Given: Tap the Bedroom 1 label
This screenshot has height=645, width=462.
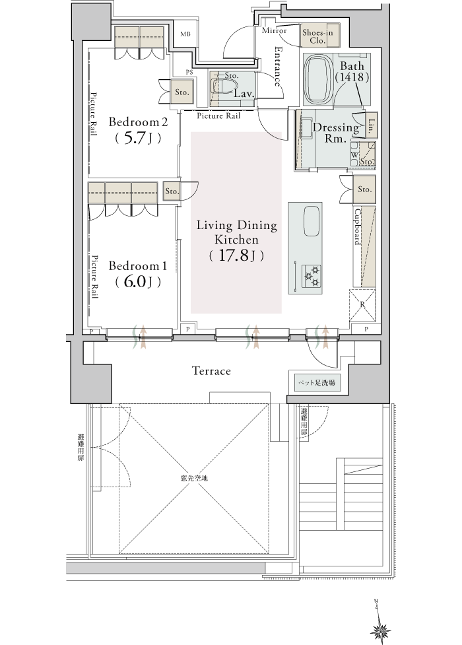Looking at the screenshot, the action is tap(137, 266).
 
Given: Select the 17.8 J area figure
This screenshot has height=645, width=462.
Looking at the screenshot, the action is tap(236, 255).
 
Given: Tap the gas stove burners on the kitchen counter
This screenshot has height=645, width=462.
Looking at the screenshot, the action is tap(311, 276).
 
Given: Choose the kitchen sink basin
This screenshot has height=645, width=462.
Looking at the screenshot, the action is tap(312, 221).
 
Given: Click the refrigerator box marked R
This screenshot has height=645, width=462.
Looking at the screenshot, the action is tap(362, 305).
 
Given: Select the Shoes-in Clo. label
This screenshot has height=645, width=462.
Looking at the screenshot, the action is tap(317, 36).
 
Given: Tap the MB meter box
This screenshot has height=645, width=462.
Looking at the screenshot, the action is tap(185, 34).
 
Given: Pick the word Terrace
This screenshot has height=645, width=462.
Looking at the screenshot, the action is tap(211, 371).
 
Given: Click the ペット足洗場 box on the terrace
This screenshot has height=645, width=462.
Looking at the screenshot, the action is tap(317, 383).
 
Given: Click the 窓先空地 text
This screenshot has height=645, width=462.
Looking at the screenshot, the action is tap(194, 479).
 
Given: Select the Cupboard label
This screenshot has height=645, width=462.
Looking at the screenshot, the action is tap(358, 227).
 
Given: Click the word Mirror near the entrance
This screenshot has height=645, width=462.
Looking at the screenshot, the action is tap(274, 30).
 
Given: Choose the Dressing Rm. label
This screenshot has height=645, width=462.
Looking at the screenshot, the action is tap(336, 133).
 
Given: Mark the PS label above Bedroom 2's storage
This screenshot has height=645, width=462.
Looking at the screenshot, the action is tap(189, 73).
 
